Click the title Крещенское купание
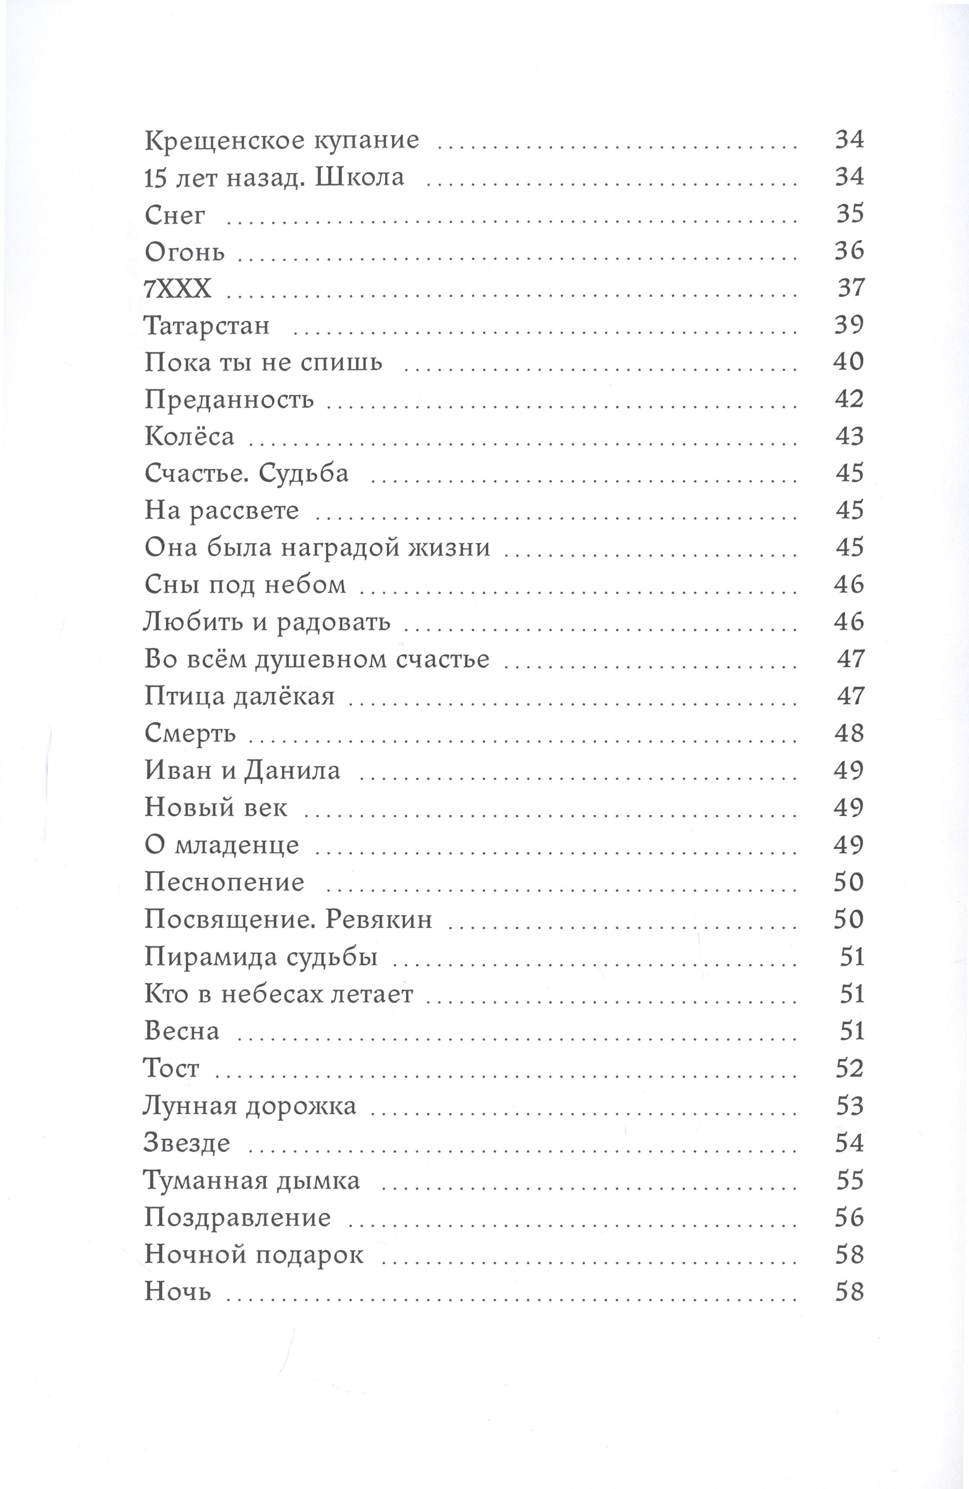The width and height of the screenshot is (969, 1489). coord(281,140)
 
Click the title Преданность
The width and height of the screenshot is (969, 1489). coord(229,399)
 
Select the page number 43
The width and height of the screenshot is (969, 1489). coord(849,436)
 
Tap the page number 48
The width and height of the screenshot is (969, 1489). coord(848,733)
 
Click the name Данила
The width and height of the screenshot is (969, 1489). coord(291,771)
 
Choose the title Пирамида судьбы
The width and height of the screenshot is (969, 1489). coord(261,957)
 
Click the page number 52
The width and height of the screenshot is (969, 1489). coord(849,1069)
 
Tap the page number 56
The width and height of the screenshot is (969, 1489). coord(849,1218)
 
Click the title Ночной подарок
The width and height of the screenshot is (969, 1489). coord(253,1255)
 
